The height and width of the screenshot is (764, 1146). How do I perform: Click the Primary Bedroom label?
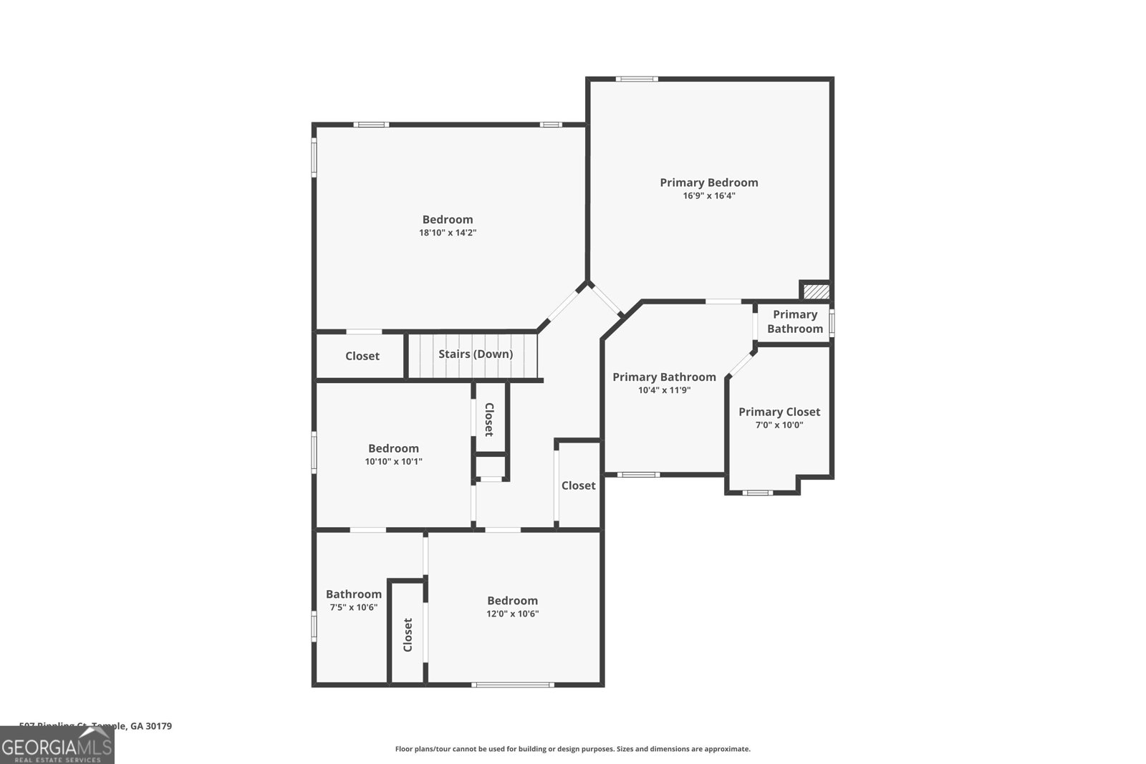pos(708,183)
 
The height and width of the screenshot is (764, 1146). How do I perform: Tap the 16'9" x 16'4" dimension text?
pos(708,195)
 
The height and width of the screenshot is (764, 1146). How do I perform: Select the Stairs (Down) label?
pos(476,354)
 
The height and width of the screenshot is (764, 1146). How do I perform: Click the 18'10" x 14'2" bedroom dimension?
pos(448,233)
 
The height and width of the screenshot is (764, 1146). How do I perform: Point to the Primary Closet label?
pos(779,412)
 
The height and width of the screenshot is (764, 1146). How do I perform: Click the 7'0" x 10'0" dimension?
pos(779,425)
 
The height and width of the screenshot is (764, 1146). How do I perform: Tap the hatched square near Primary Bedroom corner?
pos(816,291)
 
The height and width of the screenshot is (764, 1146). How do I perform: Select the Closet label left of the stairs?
pos(362,356)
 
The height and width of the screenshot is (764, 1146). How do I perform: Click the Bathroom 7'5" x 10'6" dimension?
pos(353,607)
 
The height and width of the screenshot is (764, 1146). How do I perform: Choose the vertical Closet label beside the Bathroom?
pos(408,634)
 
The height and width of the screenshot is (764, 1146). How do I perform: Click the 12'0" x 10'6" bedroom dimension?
pos(512,614)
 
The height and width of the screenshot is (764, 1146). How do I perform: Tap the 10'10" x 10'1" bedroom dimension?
pos(393,462)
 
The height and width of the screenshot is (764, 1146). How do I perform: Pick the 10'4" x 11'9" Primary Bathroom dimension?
pos(664,390)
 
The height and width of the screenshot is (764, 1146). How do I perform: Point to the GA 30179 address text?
pos(150,726)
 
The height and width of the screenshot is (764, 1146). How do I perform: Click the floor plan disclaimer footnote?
pos(572,749)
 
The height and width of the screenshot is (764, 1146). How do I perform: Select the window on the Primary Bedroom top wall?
pos(636,79)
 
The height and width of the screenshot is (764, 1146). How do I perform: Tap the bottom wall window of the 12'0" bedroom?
pos(512,685)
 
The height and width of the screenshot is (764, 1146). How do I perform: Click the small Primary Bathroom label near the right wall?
pos(794,321)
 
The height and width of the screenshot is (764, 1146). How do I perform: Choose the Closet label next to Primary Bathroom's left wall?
pos(578,485)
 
